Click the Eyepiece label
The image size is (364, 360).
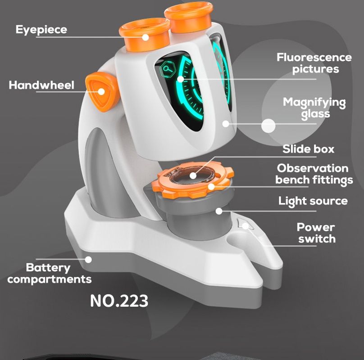[41, 30]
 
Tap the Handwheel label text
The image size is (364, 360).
[41, 85]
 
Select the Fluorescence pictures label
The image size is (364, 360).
[314, 63]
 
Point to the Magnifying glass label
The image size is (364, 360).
[314, 108]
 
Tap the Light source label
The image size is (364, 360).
[313, 201]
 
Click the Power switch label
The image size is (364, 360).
[316, 233]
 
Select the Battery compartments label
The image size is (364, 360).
[49, 274]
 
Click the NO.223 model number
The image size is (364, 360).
[119, 301]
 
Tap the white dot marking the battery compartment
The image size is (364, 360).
[89, 259]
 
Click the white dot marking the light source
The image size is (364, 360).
[219, 211]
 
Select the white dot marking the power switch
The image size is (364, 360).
[245, 226]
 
